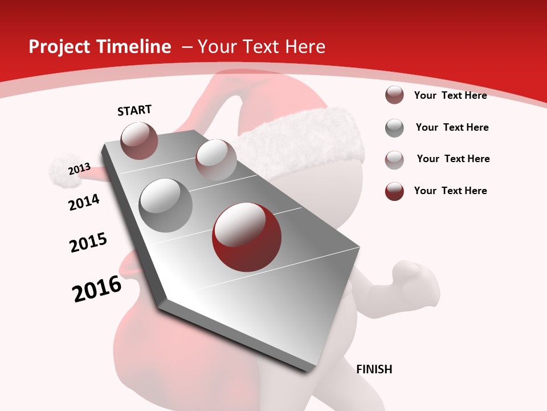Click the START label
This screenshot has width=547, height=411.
pos(134,110)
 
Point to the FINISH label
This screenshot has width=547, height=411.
pos(374,369)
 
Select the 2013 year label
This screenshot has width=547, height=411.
pos(80,169)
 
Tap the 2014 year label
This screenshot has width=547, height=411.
pos(84,202)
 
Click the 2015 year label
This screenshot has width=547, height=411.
pos(88,243)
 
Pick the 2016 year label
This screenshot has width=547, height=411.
pos(97,289)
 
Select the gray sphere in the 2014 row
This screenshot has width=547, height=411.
pos(166,205)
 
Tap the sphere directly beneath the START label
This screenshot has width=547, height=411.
pos(140,140)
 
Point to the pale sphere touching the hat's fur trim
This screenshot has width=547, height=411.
pos(215,159)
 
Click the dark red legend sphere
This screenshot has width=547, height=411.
pos(394,191)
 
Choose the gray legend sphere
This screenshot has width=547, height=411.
pos(394,128)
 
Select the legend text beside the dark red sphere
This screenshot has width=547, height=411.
pos(450,191)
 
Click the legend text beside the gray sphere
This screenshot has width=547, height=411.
pos(452,127)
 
